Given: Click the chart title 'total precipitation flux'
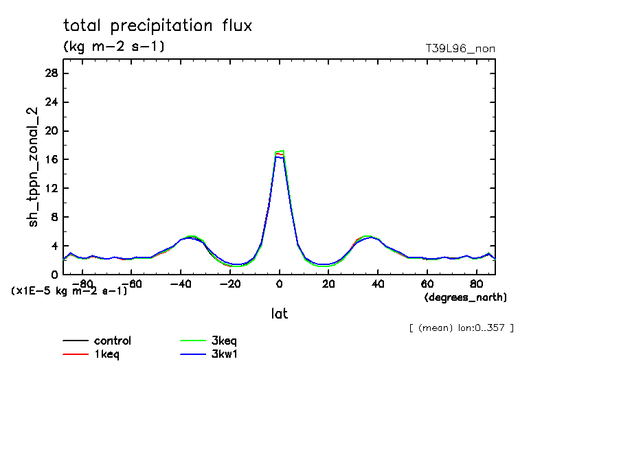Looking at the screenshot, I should (x=158, y=26).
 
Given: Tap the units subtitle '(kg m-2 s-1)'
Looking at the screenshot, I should (x=113, y=47).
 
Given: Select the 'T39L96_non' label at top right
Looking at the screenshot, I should (x=460, y=48).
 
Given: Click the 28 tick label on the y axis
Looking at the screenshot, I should (x=50, y=73).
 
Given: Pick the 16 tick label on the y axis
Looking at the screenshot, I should (x=50, y=159).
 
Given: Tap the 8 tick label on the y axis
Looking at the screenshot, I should (x=54, y=217).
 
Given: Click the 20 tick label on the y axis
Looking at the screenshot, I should (x=50, y=130).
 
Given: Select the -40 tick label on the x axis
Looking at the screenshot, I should (x=181, y=284).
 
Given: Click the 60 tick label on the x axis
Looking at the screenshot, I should (x=427, y=284).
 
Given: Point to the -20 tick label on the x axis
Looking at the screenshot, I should (x=230, y=284).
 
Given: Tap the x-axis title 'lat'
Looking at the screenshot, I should (x=279, y=314).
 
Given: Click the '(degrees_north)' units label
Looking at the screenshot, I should (x=466, y=297).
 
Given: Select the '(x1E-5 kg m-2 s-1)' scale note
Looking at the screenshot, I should (x=69, y=290).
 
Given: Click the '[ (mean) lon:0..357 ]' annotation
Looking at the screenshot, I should (x=461, y=327).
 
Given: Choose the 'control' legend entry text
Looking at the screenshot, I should (x=113, y=341).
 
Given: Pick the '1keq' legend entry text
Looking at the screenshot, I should (x=107, y=354).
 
